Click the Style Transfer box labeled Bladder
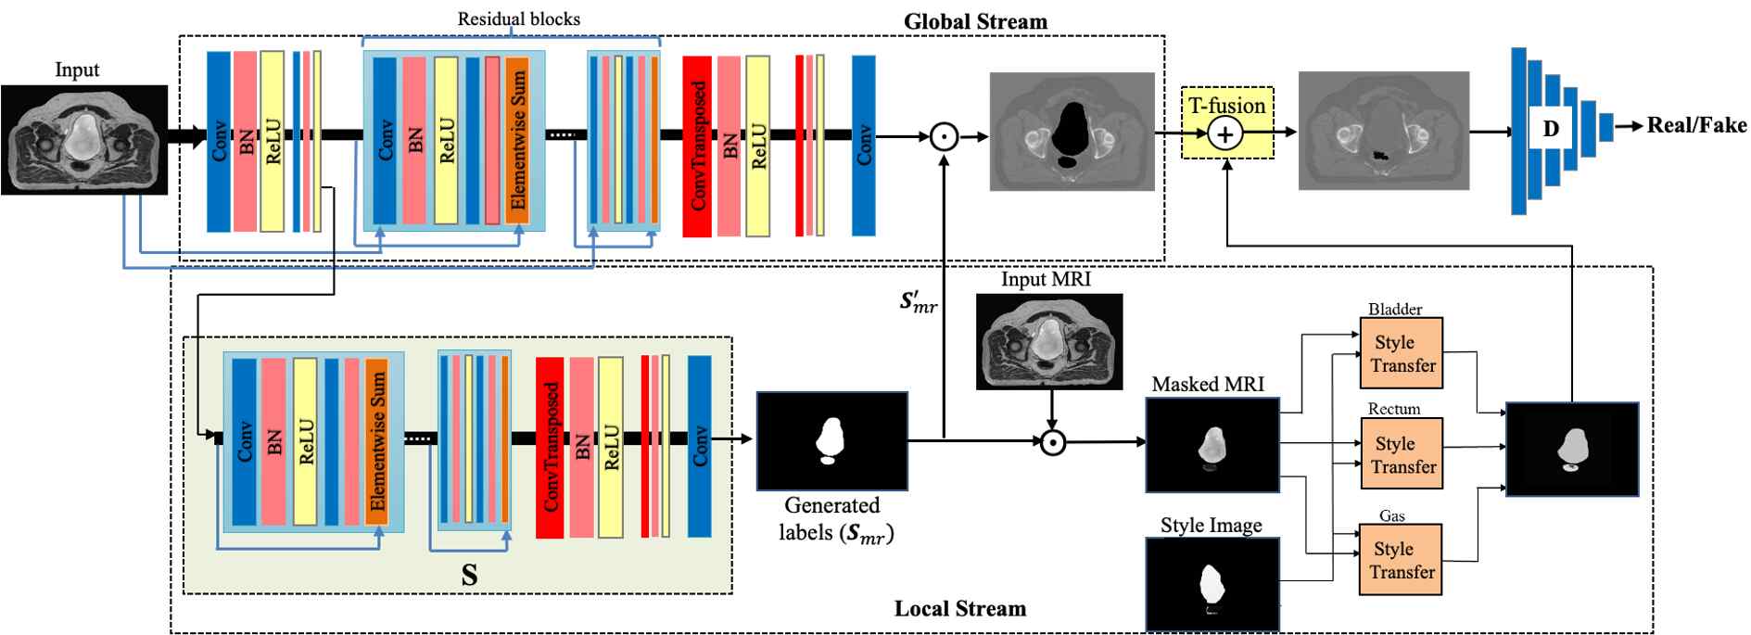pos(1401,353)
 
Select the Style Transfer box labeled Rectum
pos(1401,454)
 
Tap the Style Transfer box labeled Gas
pos(1401,560)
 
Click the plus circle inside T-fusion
pos(1225,134)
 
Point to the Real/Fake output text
pos(1695,125)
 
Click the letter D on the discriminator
pos(1550,129)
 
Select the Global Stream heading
pos(975,21)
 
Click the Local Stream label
pos(959,609)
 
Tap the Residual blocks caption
pos(518,19)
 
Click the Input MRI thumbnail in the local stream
pos(1049,341)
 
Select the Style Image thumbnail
pos(1212,584)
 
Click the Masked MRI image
pos(1212,445)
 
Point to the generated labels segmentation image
pos(831,441)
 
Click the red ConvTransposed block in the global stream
pos(697,146)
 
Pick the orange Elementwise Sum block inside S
pos(376,441)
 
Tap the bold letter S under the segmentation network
pos(470,576)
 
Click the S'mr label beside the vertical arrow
pos(918,301)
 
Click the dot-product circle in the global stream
pos(944,137)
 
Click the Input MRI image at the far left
pos(83,139)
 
